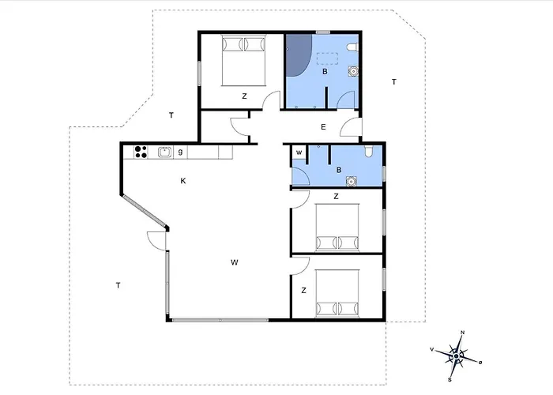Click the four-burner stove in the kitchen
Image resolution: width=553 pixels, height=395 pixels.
(141, 152)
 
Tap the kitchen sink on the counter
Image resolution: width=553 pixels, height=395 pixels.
(165, 152)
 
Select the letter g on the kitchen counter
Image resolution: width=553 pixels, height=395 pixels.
(180, 152)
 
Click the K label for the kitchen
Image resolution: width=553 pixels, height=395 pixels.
(183, 181)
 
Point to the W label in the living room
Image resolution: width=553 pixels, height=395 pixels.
(235, 262)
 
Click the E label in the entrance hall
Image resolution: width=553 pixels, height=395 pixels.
(323, 127)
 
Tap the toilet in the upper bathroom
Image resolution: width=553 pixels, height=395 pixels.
(352, 47)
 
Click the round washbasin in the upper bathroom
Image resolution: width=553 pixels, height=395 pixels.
(353, 71)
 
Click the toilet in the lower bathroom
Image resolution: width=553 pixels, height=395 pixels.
(369, 152)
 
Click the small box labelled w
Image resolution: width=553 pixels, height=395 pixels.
(299, 152)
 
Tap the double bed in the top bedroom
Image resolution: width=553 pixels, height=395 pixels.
(243, 60)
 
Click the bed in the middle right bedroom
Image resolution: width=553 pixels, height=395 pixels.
(337, 228)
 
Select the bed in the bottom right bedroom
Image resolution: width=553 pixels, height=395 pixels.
(337, 293)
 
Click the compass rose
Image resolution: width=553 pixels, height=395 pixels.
(456, 356)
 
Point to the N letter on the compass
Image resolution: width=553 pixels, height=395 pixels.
(463, 333)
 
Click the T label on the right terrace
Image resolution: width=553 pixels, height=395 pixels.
(394, 82)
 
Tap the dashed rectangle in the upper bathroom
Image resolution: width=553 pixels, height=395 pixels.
(327, 58)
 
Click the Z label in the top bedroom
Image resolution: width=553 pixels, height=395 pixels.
(244, 96)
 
